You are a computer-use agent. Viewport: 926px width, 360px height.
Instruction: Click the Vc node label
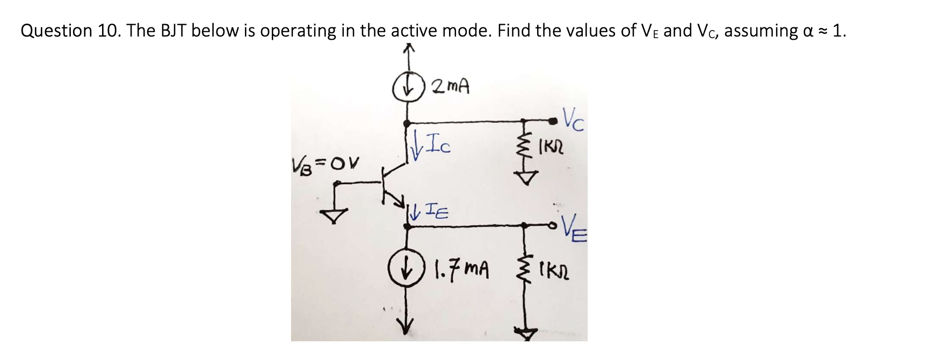[x=573, y=120]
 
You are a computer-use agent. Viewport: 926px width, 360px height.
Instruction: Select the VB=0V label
[x=325, y=162]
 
